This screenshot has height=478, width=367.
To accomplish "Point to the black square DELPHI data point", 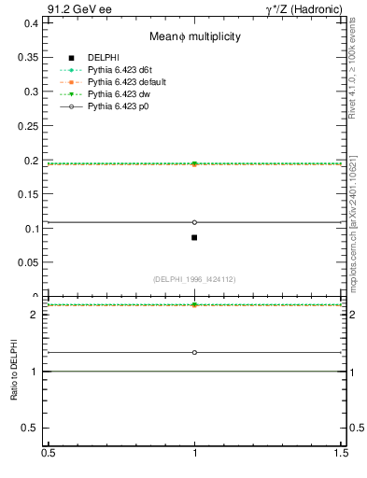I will (194, 237).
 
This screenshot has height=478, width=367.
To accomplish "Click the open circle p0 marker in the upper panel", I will (194, 222).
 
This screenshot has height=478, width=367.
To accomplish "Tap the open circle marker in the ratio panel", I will (194, 352).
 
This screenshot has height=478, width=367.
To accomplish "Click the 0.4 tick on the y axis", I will (31, 23).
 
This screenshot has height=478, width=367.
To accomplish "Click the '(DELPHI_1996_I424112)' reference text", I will (194, 279).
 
